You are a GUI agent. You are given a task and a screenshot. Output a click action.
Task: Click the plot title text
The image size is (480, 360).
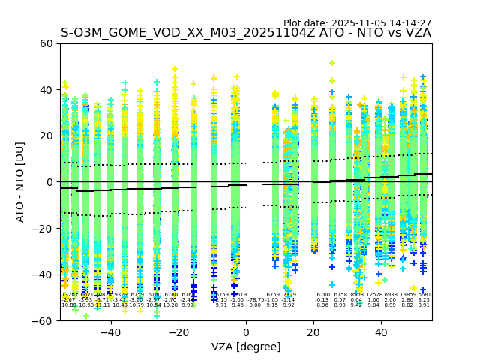tap(246, 33)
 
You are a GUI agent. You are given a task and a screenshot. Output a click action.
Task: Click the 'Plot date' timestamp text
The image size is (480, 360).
tap(357, 23)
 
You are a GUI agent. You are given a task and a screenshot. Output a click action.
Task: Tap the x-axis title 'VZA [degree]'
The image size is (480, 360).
tap(246, 346)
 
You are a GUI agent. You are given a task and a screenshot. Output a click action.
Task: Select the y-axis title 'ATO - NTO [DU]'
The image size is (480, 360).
tap(20, 182)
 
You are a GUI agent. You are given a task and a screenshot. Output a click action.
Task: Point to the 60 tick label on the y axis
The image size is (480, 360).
tap(46, 43)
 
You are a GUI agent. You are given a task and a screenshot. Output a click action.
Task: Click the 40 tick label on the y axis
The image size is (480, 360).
tap(46, 90)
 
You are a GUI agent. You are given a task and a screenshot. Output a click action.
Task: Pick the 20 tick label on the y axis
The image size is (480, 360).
tap(46, 136)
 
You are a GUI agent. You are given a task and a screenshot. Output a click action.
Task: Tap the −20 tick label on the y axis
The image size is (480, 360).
tap(43, 228)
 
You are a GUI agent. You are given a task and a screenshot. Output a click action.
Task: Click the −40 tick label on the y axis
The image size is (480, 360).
tap(43, 274)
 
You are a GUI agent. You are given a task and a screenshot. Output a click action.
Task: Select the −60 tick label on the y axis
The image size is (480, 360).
tap(43, 320)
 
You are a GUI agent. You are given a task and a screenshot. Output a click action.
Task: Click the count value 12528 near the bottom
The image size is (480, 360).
tap(373, 295)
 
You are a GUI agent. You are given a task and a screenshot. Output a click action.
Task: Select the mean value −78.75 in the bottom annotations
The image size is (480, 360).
tap(256, 300)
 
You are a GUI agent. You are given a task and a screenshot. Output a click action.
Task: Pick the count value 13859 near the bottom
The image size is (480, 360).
tap(408, 295)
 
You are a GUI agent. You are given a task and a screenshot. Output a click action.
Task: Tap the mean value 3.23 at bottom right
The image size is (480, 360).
tap(424, 300)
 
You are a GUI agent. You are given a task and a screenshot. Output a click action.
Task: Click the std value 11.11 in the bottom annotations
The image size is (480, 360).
tap(103, 305)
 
